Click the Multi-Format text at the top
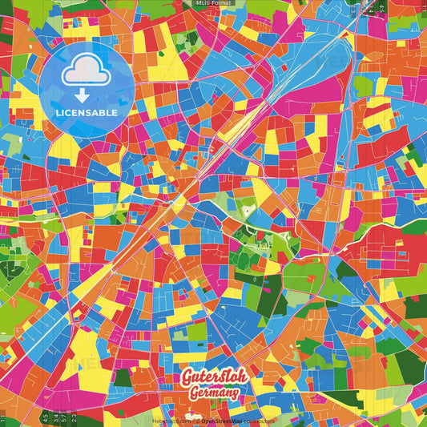point(212,4)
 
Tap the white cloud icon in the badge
point(86,73)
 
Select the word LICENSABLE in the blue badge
point(86,113)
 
